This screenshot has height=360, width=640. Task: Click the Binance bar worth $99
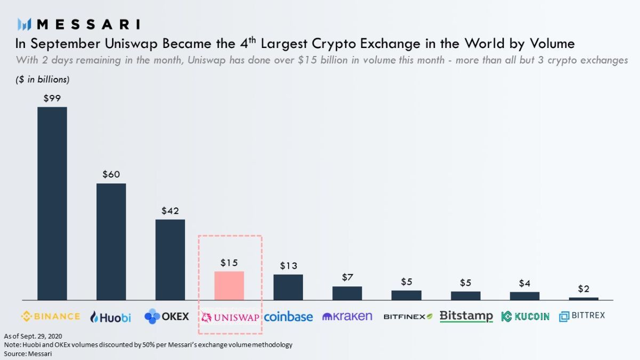click(52, 203)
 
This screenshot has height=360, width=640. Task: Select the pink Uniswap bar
click(229, 286)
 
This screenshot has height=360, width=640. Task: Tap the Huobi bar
click(111, 242)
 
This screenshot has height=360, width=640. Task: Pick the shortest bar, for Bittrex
click(583, 299)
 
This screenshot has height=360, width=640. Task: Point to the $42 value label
click(170, 211)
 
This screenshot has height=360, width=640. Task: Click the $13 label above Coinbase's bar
click(288, 266)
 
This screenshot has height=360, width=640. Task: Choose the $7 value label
click(347, 277)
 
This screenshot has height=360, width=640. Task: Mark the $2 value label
click(583, 289)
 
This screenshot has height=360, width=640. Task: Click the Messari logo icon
click(25, 24)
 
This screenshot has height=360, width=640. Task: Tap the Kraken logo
click(347, 316)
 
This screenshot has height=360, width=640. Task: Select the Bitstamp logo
click(466, 316)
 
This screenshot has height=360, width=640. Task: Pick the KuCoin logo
click(525, 316)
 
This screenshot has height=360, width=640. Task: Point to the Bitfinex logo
click(407, 317)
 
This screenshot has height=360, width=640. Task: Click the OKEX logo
click(166, 316)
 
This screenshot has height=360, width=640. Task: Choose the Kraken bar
click(347, 293)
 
